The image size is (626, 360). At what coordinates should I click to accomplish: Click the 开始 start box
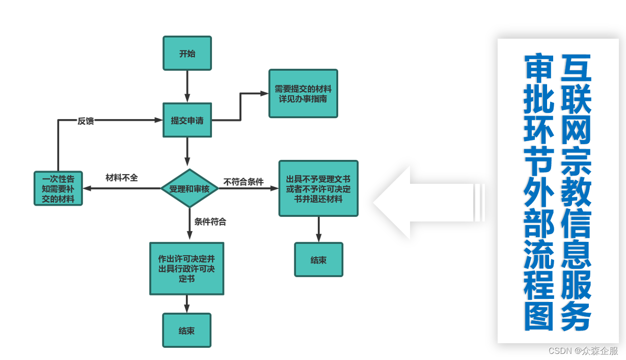[x=187, y=53]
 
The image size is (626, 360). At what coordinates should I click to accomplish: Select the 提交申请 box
[x=187, y=120]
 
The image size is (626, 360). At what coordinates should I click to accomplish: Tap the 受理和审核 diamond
[x=189, y=188]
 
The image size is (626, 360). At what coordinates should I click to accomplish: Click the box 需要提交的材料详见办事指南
[x=303, y=94]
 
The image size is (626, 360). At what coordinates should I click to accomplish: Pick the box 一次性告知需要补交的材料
[x=58, y=188]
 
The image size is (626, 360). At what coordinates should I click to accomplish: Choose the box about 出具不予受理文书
[x=318, y=188]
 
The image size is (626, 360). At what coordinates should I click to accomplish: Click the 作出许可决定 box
[x=186, y=268]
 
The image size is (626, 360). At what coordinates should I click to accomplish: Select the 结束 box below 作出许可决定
[x=186, y=330]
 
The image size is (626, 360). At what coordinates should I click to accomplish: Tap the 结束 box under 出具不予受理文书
[x=318, y=260]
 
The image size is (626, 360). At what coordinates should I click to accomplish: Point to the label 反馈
[x=86, y=121]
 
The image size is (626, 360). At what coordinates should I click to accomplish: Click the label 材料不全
[x=122, y=178]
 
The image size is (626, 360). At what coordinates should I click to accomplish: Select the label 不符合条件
[x=243, y=182]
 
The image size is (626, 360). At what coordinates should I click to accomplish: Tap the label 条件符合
[x=210, y=221]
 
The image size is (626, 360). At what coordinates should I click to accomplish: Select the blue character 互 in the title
[x=577, y=68]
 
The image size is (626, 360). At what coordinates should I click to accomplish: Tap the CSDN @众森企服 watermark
[x=583, y=351]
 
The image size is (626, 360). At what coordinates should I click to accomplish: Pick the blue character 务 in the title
[x=577, y=316]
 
